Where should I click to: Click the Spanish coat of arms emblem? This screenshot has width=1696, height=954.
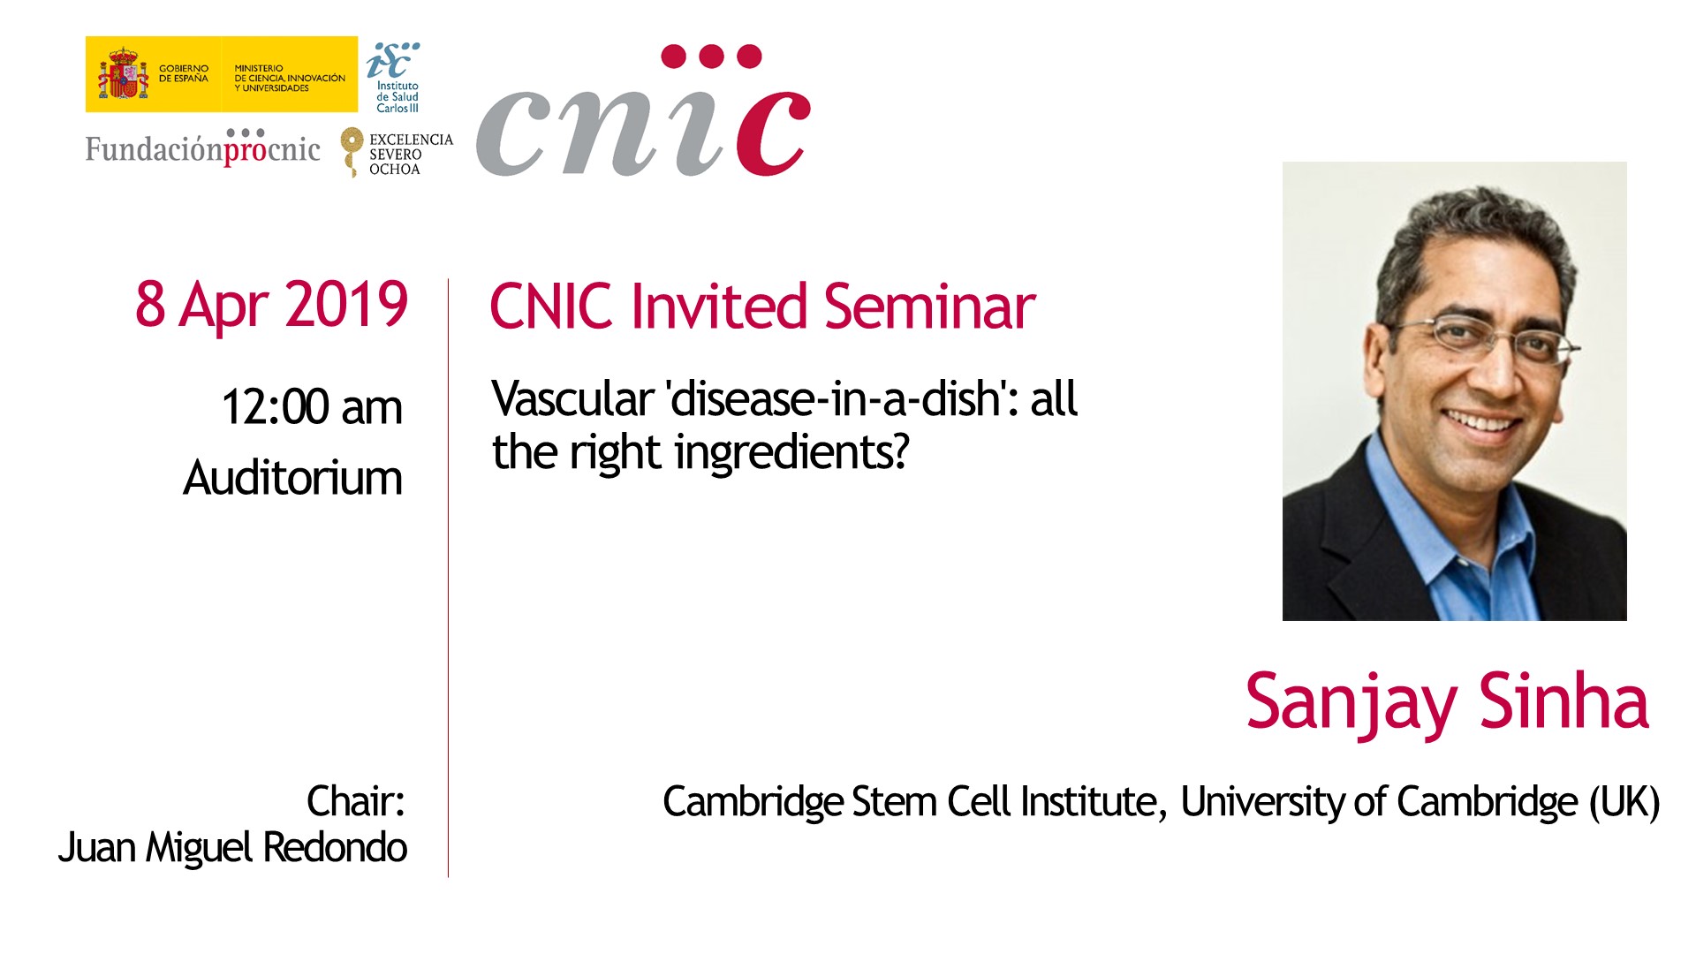123,74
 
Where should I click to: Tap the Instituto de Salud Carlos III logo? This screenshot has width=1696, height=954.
394,78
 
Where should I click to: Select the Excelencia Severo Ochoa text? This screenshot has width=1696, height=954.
411,154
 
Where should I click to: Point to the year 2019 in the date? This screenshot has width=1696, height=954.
346,305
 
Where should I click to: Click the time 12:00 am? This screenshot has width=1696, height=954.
312,407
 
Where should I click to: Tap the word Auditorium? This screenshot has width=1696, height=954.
293,478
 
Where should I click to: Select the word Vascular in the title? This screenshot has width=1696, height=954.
572,398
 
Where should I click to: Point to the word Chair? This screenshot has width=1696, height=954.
356,801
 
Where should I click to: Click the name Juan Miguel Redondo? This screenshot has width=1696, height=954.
233,848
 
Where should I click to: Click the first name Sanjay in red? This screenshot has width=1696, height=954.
1351,705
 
